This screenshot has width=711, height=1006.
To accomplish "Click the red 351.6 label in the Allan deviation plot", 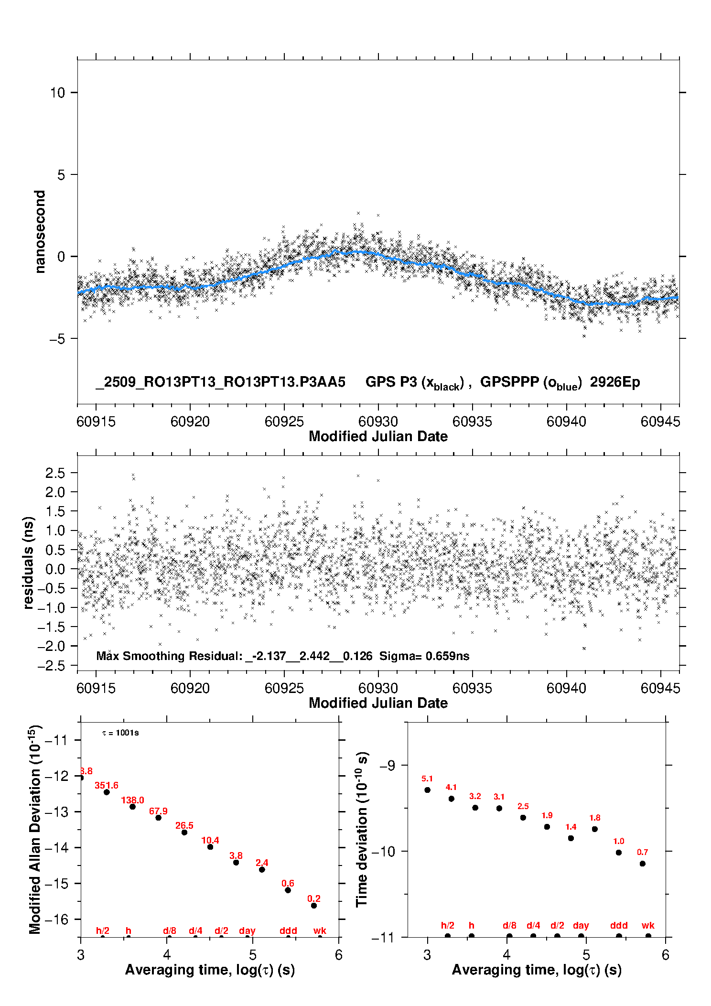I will tap(106, 785).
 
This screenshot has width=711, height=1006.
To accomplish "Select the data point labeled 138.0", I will tap(133, 807).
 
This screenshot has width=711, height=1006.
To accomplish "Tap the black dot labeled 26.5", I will tap(184, 833).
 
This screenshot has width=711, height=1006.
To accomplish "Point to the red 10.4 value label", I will tap(210, 840).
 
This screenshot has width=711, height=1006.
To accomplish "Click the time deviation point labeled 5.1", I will tap(428, 790).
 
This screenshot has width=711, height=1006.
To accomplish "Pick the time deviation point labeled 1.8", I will tap(595, 829).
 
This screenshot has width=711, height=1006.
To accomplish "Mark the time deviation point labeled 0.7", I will tap(643, 864).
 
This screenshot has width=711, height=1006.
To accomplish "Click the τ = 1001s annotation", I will tap(120, 733).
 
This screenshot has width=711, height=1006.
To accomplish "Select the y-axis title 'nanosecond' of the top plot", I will tap(40, 232).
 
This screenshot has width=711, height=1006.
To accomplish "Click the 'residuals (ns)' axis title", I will tap(29, 562).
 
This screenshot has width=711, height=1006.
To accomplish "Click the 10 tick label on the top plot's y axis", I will tap(57, 93).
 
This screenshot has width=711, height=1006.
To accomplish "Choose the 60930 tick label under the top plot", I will tap(378, 422).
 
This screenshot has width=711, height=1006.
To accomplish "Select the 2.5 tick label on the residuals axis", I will tap(55, 473).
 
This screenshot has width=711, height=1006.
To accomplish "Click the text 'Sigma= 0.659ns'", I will tap(424, 656).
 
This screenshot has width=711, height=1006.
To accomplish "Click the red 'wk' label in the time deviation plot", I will tap(648, 926).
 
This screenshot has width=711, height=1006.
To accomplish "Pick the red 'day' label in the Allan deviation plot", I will tap(247, 930).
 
